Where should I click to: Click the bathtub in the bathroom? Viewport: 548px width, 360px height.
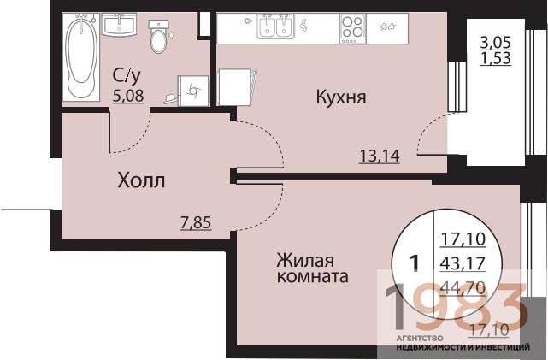point(82,56)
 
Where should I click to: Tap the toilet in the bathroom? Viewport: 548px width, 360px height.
point(157,38)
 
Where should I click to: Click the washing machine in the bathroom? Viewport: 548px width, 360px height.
point(193,90)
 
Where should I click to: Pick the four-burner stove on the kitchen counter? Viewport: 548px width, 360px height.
point(353,27)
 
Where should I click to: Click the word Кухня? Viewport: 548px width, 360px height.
point(341,97)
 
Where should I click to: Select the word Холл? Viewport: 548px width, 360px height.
point(141,181)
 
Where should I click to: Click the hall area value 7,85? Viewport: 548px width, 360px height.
point(195,224)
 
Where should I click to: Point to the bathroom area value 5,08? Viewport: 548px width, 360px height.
point(128,96)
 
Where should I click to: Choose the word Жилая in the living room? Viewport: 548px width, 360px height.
point(303,260)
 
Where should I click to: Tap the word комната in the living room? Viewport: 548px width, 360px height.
point(311,278)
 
